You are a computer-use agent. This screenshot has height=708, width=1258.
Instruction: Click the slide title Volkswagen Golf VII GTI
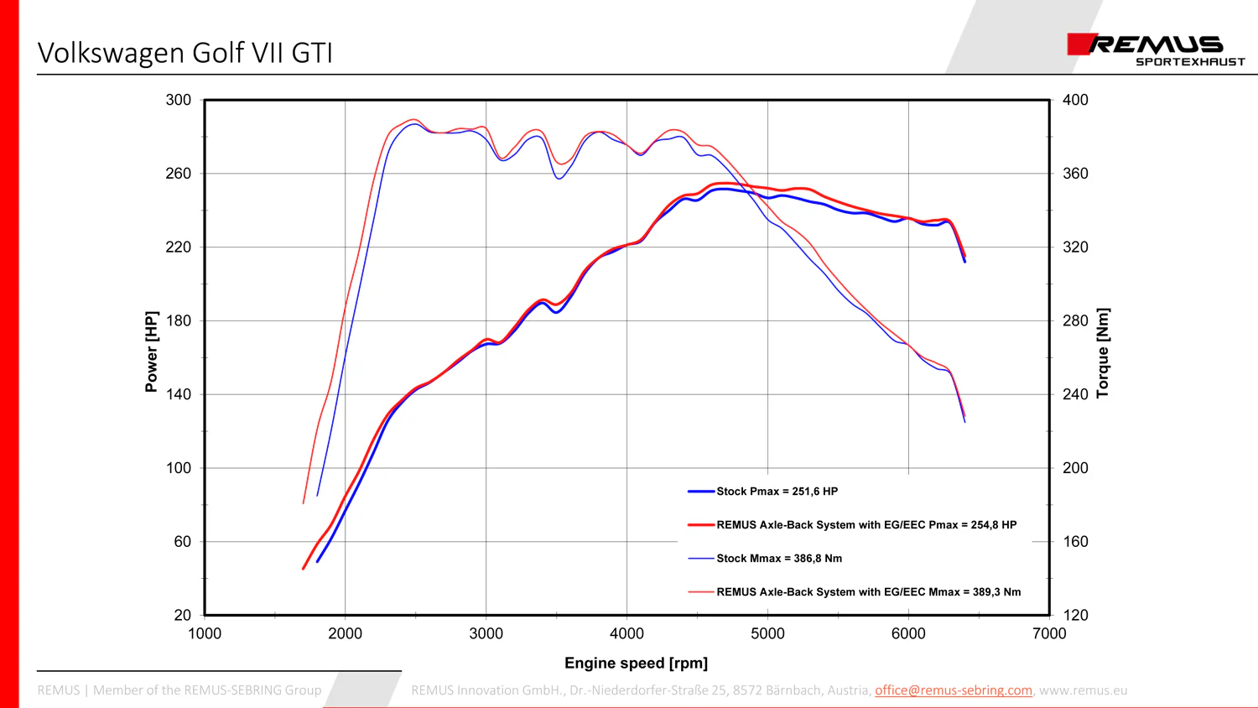[x=185, y=53]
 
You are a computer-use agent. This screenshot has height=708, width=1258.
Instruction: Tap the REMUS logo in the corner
[x=1156, y=49]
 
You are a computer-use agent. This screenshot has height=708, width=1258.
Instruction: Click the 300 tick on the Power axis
[x=179, y=100]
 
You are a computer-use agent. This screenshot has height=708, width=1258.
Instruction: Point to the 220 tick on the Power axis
[x=179, y=247]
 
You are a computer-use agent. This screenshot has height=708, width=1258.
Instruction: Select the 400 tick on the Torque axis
[x=1075, y=100]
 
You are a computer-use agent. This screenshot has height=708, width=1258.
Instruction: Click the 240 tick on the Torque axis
[x=1075, y=394]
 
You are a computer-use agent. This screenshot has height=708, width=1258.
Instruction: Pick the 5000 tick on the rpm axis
[x=767, y=634]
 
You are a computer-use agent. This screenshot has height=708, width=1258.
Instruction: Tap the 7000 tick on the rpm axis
[x=1049, y=634]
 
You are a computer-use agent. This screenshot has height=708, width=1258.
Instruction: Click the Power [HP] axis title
[x=152, y=351]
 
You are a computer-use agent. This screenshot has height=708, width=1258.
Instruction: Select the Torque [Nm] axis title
[x=1103, y=353]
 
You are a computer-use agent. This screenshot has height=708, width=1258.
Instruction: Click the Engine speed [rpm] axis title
[x=636, y=664]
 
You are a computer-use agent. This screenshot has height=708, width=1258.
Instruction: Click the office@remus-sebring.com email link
[x=953, y=690]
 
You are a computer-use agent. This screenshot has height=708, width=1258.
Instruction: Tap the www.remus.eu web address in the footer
[x=1084, y=690]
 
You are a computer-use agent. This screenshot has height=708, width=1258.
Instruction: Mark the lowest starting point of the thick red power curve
[x=304, y=570]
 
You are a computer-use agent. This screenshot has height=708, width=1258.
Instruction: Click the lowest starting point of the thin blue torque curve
[x=317, y=496]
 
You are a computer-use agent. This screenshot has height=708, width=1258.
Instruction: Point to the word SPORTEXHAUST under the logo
[x=1190, y=62]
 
